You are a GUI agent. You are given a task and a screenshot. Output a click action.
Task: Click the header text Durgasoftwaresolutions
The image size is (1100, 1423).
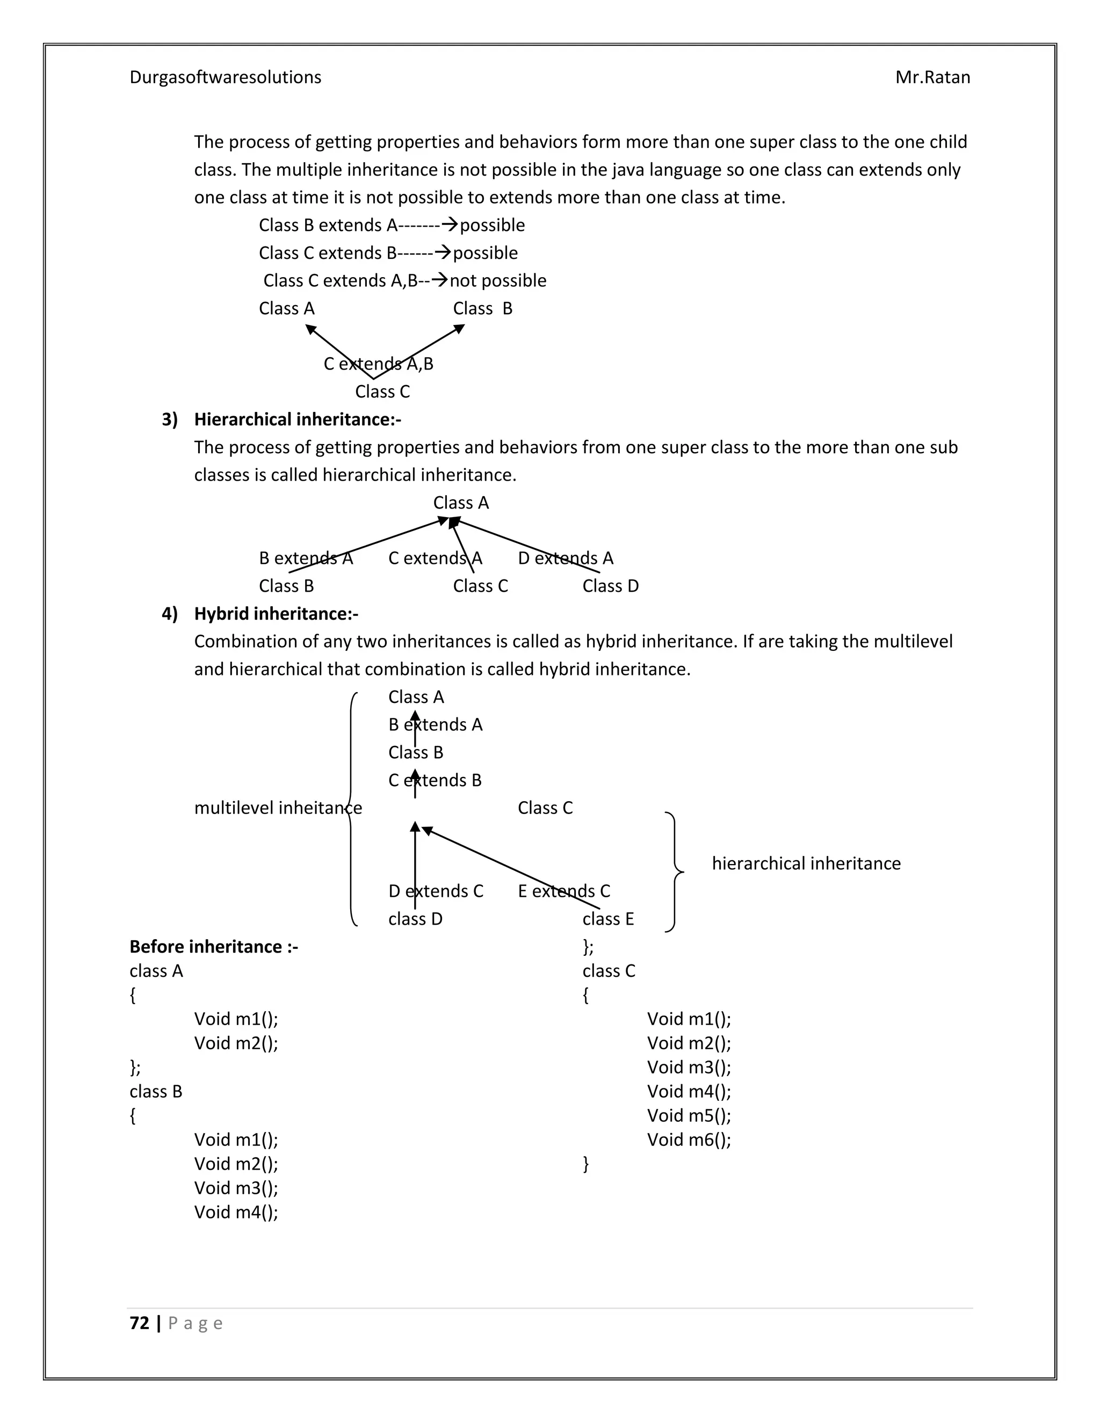225,77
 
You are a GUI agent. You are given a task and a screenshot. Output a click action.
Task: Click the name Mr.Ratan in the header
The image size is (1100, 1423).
932,77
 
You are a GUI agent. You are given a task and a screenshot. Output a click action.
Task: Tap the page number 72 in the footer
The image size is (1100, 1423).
140,1323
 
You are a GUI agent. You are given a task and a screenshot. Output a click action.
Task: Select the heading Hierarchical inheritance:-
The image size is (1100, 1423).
297,419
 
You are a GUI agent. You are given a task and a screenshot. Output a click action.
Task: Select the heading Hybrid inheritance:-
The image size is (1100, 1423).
276,614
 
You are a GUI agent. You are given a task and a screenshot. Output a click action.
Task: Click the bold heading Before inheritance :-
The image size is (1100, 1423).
214,947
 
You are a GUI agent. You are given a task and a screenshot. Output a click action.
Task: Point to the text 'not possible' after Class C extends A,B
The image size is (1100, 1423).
498,281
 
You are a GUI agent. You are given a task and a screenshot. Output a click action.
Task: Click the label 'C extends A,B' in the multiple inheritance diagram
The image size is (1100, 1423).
378,364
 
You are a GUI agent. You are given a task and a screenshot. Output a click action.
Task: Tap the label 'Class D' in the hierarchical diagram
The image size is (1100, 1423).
610,586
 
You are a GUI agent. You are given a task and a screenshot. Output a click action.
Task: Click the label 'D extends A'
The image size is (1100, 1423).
565,558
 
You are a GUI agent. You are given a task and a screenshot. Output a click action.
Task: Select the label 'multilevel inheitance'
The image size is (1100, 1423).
278,809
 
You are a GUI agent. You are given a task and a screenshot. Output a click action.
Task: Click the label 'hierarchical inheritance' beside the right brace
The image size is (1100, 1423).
806,864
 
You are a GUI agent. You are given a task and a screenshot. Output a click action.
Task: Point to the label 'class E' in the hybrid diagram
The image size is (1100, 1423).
607,919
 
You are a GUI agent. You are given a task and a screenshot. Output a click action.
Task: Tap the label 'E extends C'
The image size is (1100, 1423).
563,891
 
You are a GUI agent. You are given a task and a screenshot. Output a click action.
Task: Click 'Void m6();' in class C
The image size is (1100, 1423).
688,1139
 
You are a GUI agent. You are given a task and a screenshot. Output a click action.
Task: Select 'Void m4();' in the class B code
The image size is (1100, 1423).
236,1212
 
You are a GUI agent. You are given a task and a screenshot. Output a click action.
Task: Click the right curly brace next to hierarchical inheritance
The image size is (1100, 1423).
675,871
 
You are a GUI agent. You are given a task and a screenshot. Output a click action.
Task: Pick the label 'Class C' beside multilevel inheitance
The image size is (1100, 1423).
545,809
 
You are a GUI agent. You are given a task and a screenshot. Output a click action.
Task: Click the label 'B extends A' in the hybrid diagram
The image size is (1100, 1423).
435,725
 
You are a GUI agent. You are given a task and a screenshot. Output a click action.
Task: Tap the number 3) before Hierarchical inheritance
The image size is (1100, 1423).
169,419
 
